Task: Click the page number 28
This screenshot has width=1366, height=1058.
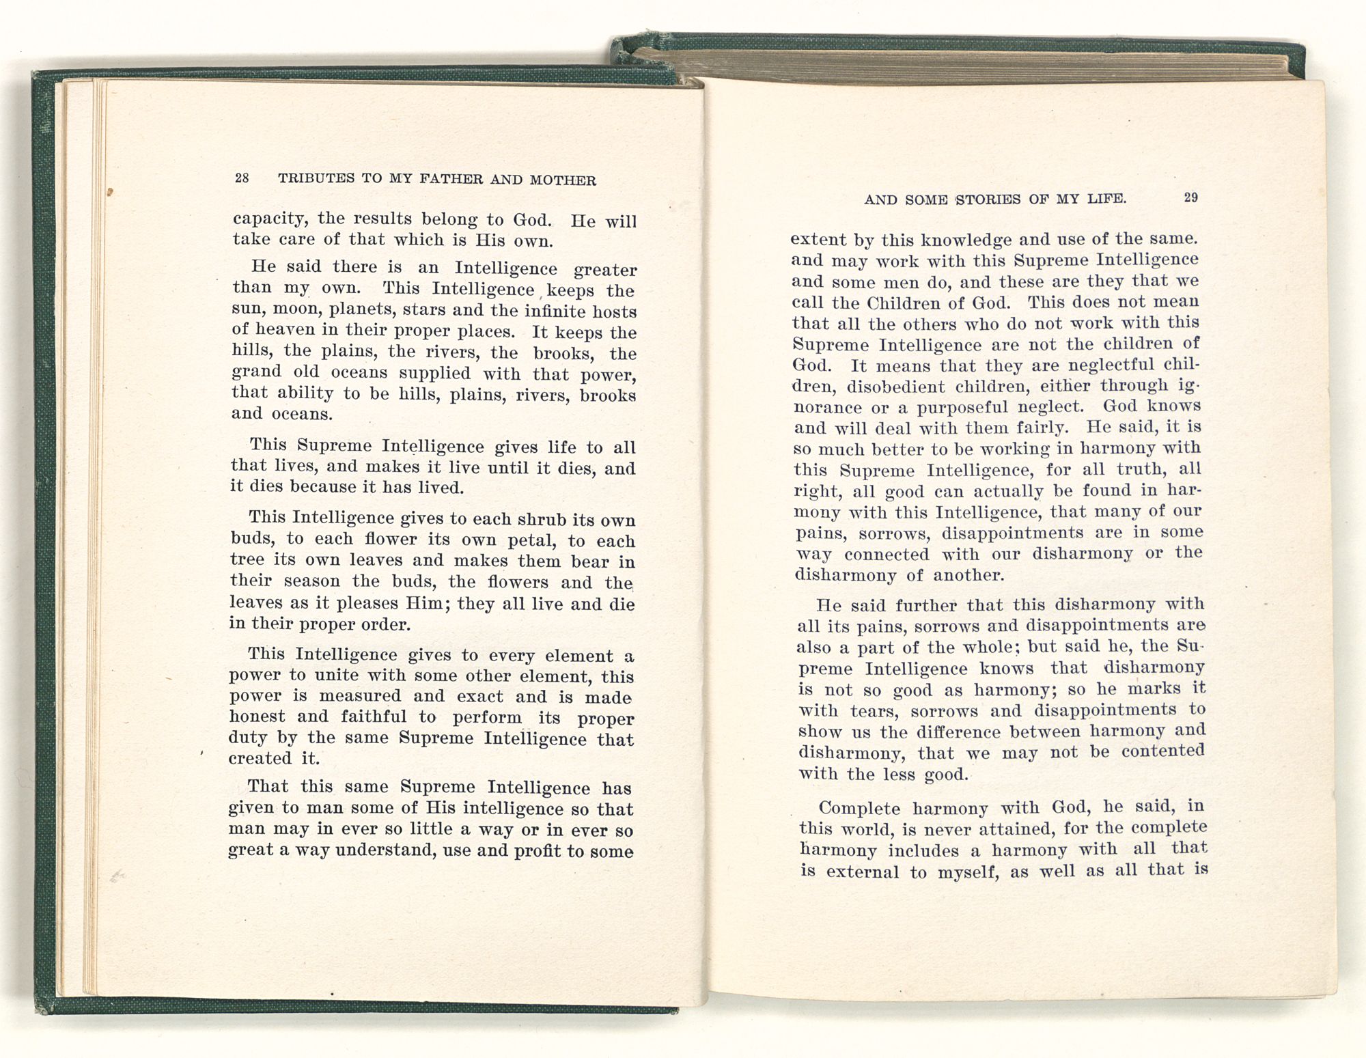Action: coord(242,178)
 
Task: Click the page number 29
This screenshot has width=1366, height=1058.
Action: coord(1190,197)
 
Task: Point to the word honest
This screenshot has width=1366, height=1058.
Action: coord(257,716)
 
